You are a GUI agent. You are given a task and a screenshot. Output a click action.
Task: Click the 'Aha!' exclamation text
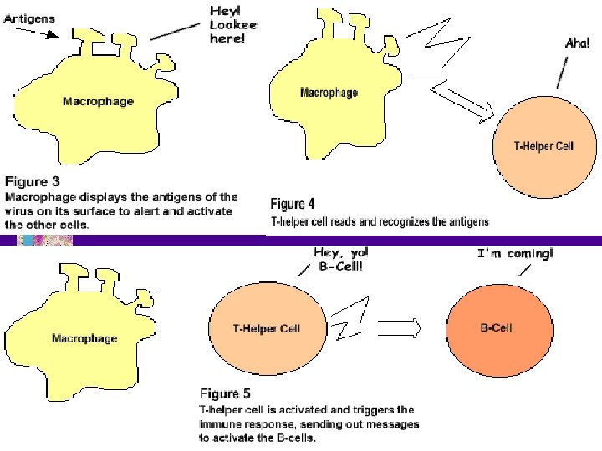[x=577, y=43]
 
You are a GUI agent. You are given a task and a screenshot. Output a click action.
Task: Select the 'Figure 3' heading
[x=32, y=180]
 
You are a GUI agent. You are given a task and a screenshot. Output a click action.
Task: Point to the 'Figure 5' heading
[x=225, y=392]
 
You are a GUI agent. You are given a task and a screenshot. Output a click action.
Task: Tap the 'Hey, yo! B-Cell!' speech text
[x=339, y=258]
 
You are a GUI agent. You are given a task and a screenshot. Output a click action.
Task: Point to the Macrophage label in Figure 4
[x=329, y=92]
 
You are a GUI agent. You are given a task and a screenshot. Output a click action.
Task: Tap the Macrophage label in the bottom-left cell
[x=84, y=338]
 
